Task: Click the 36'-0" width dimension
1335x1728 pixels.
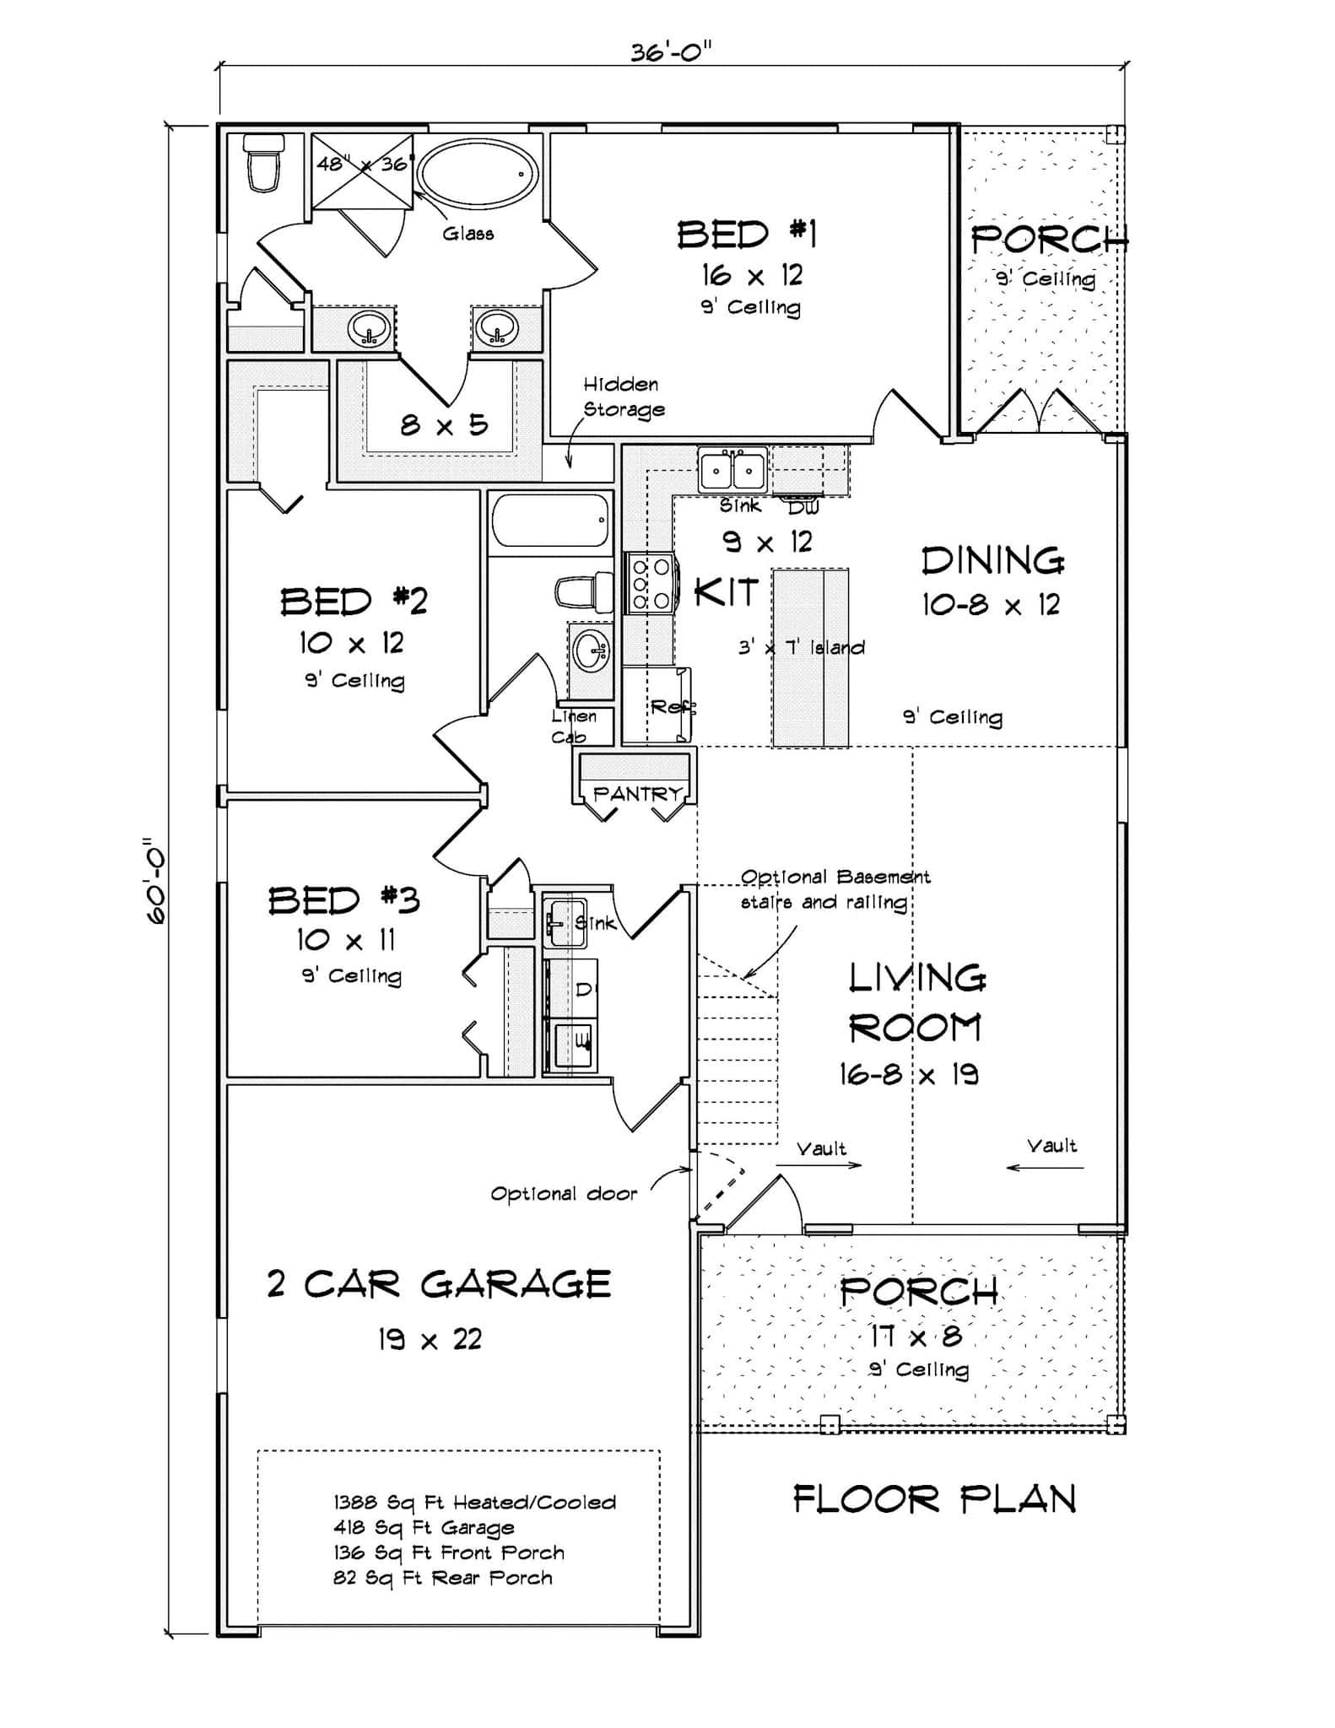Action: tap(671, 52)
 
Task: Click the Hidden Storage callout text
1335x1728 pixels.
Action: tap(624, 397)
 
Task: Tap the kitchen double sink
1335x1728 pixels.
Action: tap(732, 470)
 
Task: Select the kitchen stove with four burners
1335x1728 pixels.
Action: tap(651, 583)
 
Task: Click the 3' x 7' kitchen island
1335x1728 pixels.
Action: tap(810, 657)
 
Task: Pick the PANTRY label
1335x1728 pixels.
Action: tap(637, 793)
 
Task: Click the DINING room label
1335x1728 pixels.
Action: tap(992, 561)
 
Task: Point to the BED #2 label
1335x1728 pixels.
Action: tap(354, 602)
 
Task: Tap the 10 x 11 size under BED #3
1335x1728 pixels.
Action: tap(345, 939)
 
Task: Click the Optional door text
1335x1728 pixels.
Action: tap(564, 1193)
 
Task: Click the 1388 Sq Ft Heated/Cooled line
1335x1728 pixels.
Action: tap(474, 1502)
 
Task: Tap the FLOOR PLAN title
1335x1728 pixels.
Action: tap(934, 1499)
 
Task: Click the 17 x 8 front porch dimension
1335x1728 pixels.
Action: tap(916, 1336)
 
